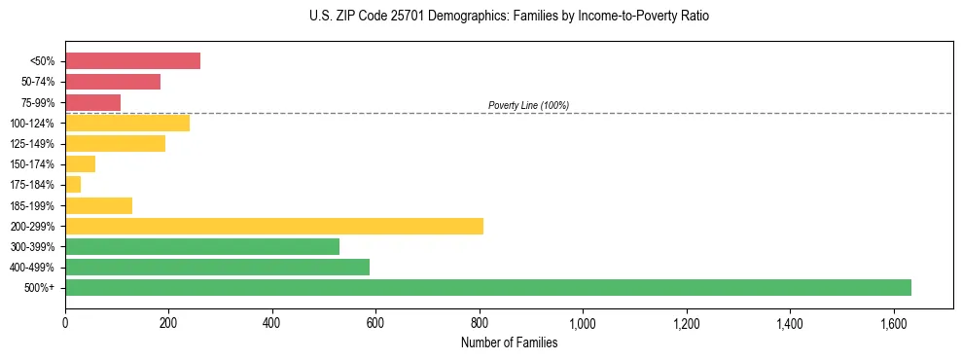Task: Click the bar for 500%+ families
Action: click(x=487, y=287)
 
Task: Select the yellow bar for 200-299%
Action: click(x=274, y=226)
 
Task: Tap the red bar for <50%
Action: click(x=132, y=61)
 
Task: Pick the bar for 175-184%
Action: click(x=73, y=184)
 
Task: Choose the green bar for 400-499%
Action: click(x=217, y=267)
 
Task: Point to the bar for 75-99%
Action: click(x=92, y=102)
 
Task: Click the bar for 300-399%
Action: click(x=202, y=246)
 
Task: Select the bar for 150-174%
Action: click(x=80, y=163)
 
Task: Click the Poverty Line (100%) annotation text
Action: click(x=528, y=105)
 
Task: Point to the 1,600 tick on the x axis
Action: click(x=893, y=322)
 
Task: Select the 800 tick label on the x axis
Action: click(x=480, y=322)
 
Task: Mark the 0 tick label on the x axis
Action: click(x=65, y=322)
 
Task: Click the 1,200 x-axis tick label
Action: click(x=686, y=322)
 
